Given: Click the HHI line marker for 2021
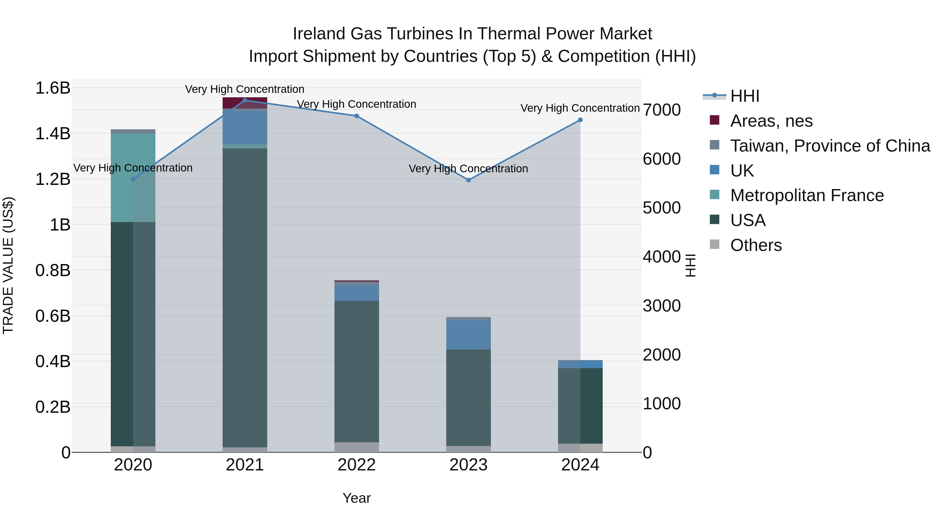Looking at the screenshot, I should (245, 100).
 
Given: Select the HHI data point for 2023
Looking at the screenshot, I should (469, 180).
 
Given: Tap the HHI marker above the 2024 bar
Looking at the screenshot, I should (580, 120).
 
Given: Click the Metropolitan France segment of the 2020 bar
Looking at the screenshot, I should (133, 178).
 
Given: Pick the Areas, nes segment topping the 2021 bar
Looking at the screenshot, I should (245, 103).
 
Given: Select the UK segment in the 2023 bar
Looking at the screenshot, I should (469, 335).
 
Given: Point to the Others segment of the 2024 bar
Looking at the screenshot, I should (580, 448).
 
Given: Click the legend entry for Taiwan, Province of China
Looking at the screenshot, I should (830, 146).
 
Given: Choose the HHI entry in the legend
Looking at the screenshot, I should (744, 96).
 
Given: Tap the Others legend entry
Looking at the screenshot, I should (756, 245).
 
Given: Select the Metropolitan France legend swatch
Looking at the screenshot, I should (715, 195).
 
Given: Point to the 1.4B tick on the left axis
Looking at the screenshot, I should (53, 133).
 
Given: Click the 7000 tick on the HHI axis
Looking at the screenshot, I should (662, 110).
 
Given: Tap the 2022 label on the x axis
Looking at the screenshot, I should (356, 465).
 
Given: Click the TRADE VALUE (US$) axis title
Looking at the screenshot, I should (8, 265).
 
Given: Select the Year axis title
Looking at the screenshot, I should (356, 498).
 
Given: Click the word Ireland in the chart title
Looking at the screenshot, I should (319, 34).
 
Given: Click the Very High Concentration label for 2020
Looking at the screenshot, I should (133, 168).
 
